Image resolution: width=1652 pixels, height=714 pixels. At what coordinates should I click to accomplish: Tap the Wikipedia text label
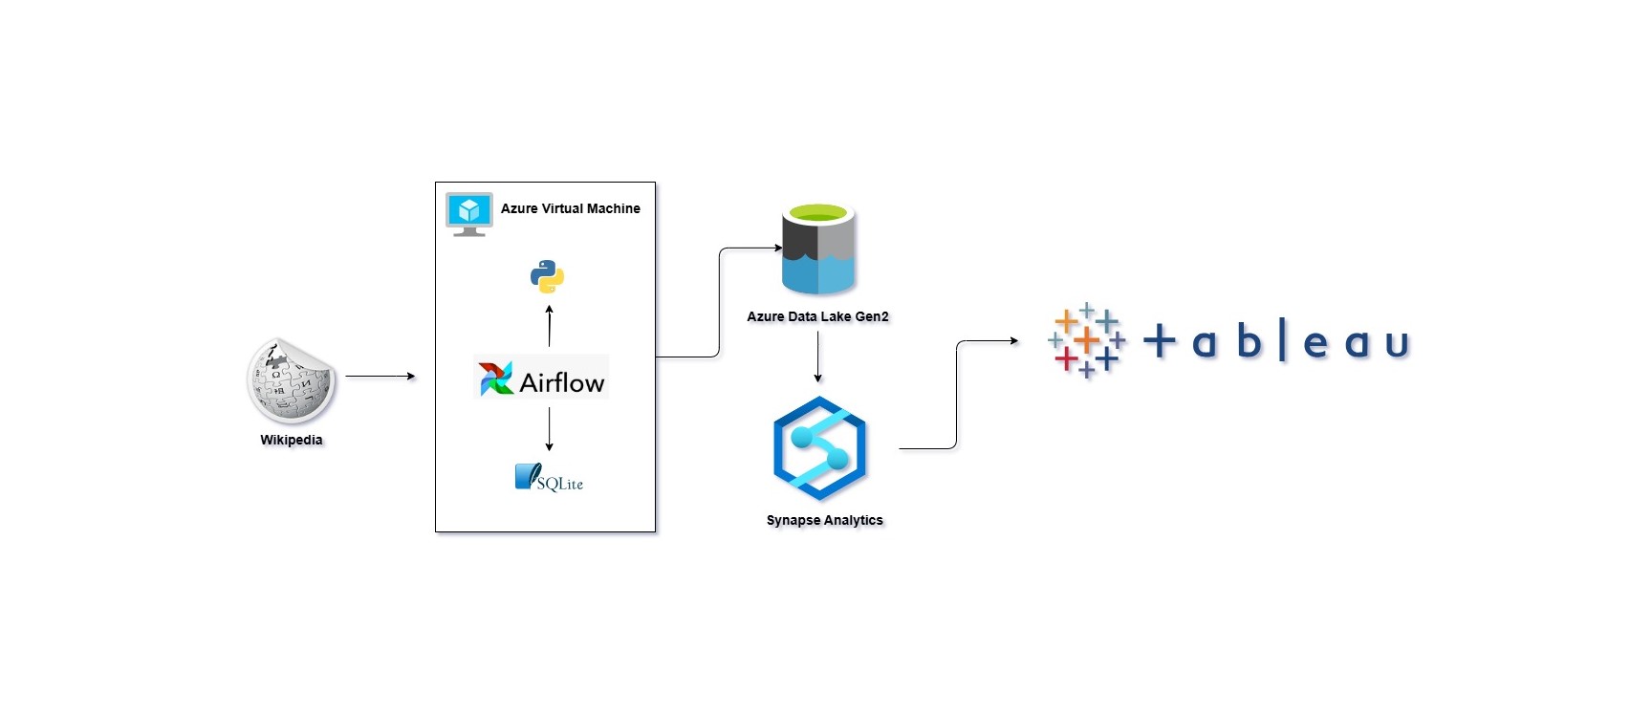[x=292, y=440]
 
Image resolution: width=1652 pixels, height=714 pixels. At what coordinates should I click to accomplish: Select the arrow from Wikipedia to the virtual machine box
[x=380, y=377]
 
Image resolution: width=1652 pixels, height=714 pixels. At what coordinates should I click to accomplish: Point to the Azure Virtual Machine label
[x=571, y=208]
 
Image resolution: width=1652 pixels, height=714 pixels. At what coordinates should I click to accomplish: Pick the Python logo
[x=548, y=276]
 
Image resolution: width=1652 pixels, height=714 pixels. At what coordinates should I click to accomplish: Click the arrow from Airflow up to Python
[x=550, y=326]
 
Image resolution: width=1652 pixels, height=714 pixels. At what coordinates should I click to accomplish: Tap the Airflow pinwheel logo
[x=496, y=379]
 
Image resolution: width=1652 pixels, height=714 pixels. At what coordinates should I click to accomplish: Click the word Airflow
[x=562, y=382]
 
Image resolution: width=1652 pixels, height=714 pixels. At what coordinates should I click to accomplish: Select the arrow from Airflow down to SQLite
[x=550, y=428]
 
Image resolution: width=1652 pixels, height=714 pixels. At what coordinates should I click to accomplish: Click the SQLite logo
[x=549, y=478]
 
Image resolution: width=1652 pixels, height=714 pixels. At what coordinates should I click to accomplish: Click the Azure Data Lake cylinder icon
[x=818, y=249]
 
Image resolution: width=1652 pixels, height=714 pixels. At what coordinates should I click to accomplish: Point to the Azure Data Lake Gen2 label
[x=817, y=316]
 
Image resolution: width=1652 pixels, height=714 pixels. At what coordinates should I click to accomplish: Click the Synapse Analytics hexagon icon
[x=819, y=448]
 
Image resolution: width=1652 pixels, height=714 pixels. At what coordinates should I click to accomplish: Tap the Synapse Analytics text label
[x=824, y=520]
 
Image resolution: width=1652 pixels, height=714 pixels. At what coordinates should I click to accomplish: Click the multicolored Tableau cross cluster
[x=1087, y=340]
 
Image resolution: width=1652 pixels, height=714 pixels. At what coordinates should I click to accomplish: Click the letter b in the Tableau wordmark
[x=1249, y=340]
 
